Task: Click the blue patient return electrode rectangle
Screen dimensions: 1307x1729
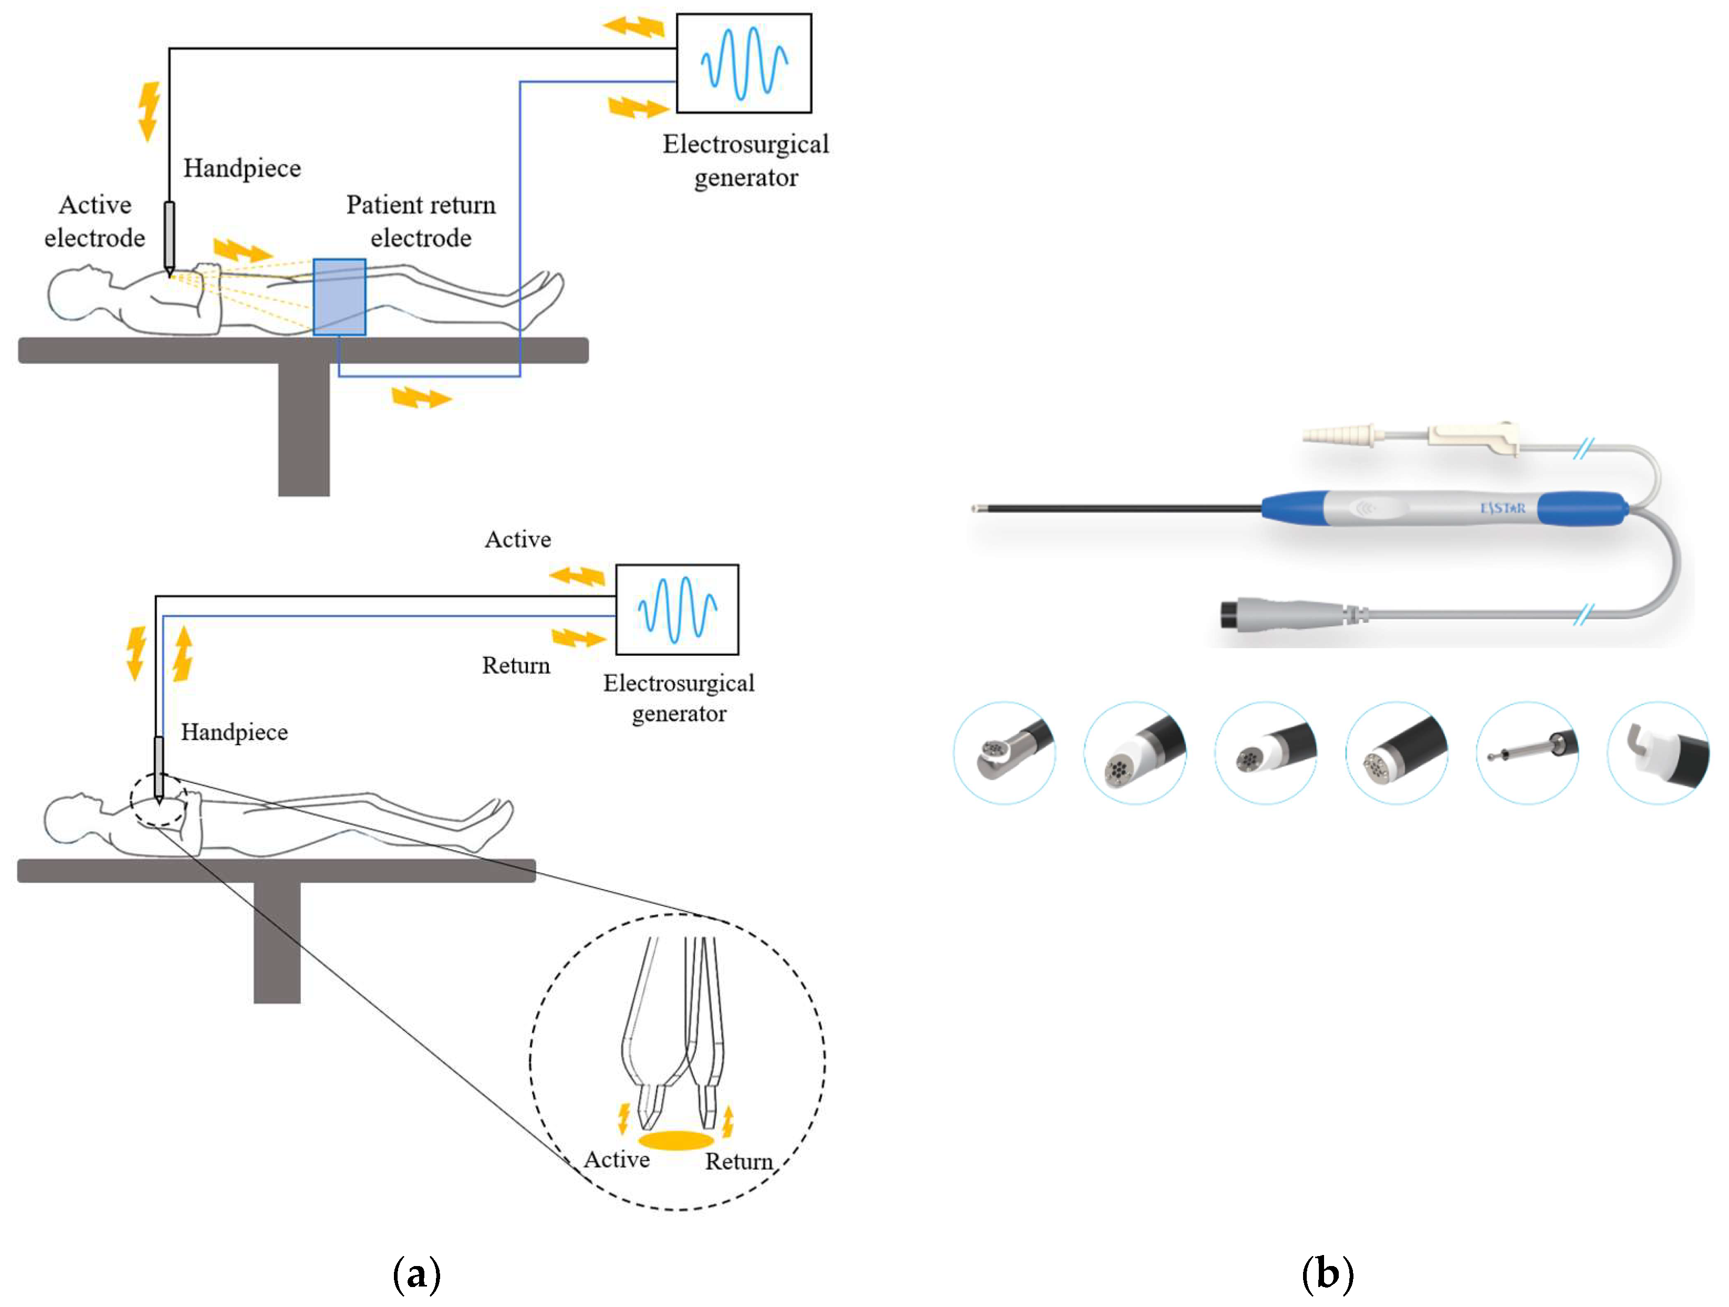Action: tap(339, 297)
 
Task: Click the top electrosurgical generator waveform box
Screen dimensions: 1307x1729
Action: tap(743, 64)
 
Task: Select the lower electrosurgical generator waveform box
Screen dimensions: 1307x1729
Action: tap(677, 610)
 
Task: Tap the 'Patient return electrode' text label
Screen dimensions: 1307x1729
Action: tap(421, 221)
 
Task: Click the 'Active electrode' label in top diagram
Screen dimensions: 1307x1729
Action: tap(95, 221)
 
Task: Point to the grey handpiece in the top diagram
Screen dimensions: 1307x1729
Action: tap(169, 235)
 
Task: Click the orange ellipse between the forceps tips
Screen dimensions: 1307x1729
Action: tap(675, 1141)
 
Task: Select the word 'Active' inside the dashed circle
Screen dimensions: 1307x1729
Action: tap(617, 1160)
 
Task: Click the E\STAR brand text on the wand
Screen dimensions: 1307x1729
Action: tap(1502, 508)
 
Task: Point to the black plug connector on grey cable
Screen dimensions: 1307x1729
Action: tap(1233, 614)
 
